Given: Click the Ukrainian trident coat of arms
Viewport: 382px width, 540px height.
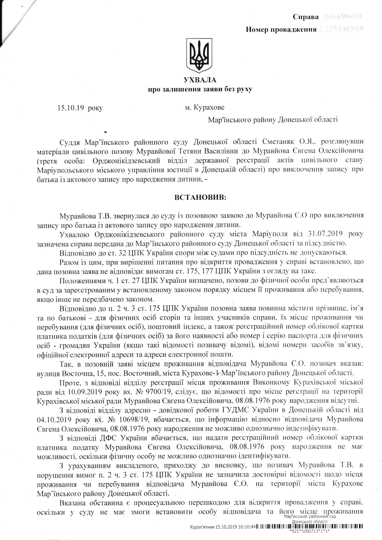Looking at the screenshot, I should point(200,56).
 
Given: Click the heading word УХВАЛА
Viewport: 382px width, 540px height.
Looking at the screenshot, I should point(200,80).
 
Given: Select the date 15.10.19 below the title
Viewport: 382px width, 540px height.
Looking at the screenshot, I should point(71,108).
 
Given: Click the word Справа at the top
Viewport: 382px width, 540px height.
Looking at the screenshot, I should point(306,17).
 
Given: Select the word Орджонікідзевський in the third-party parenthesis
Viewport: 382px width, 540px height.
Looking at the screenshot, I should point(119,160).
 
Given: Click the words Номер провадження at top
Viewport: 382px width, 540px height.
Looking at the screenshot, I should point(281,30).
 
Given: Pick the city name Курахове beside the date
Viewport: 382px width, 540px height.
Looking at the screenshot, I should point(209,108).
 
